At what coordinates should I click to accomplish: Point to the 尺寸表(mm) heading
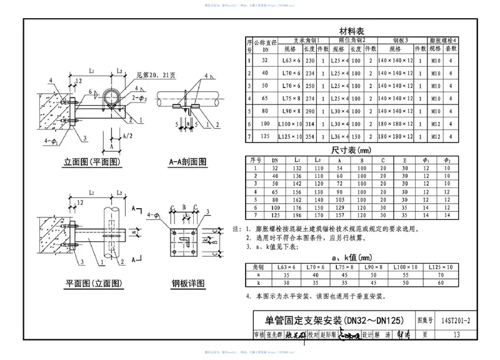coord(351,151)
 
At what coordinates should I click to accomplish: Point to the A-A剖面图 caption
coord(187,162)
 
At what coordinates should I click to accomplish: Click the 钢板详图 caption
coord(188,284)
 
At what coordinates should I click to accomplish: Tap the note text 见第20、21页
coord(144,74)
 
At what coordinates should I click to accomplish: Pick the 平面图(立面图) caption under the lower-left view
coord(93,284)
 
